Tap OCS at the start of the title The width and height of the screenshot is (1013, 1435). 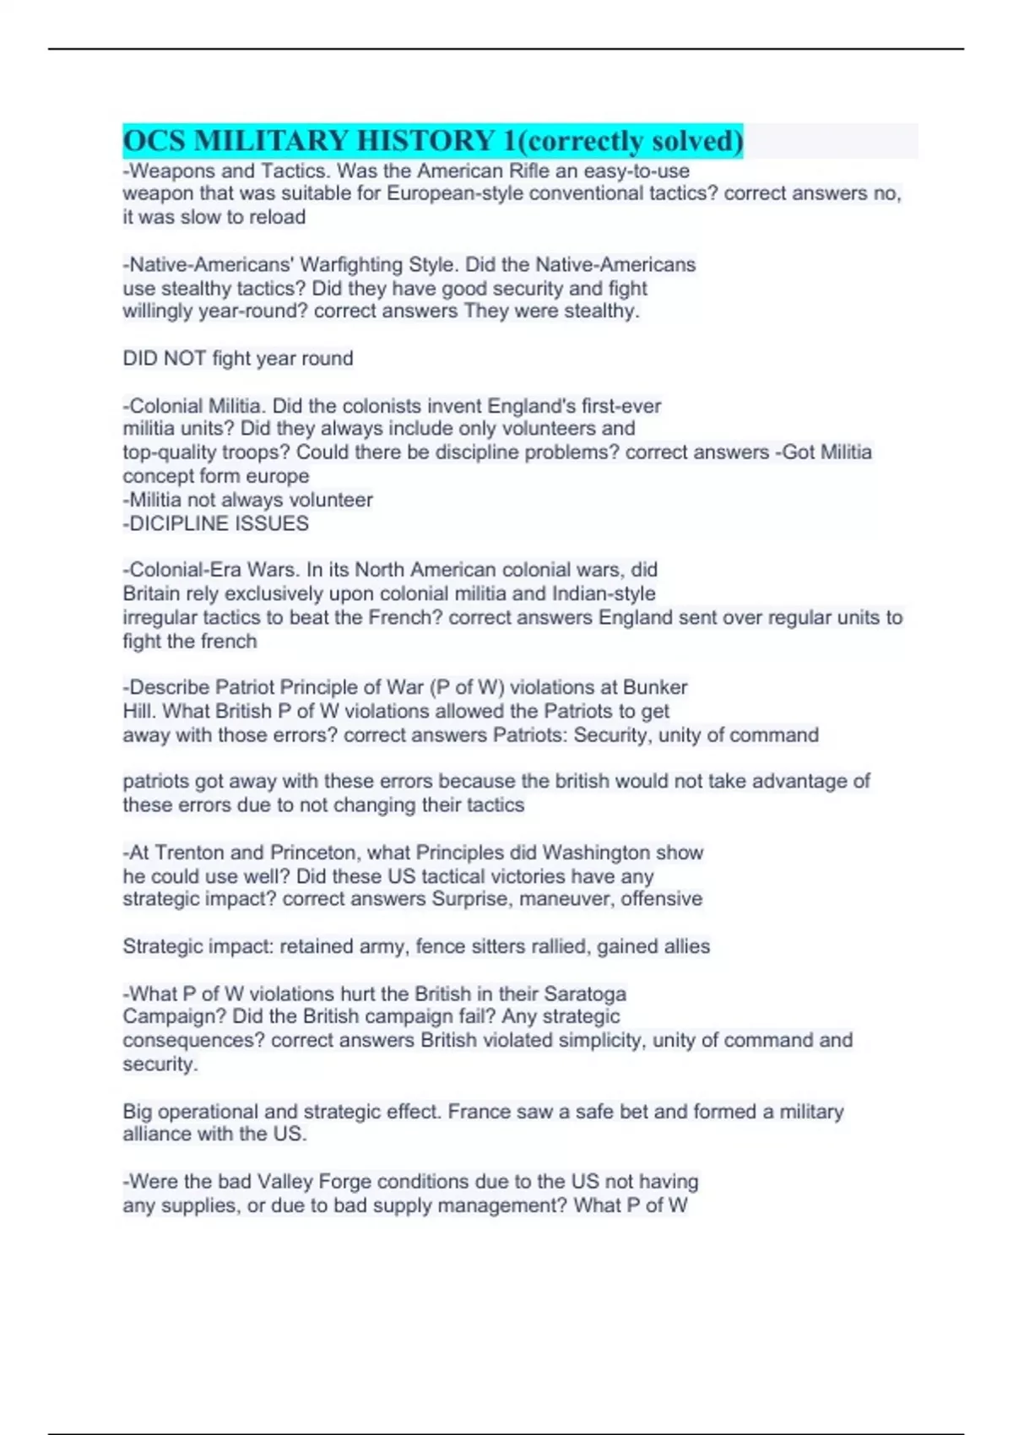tap(154, 141)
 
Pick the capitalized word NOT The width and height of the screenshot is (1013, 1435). tap(185, 359)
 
